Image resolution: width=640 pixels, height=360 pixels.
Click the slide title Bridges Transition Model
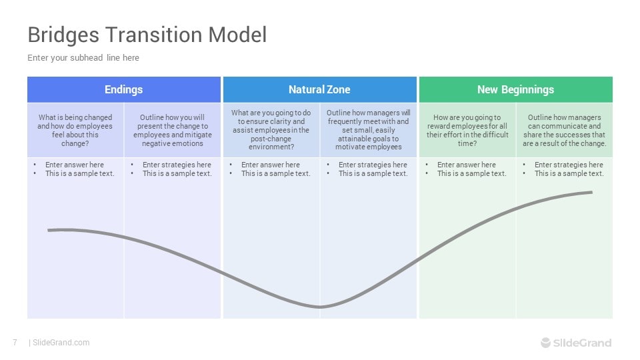(x=147, y=35)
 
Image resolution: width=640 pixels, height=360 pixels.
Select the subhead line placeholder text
(x=83, y=58)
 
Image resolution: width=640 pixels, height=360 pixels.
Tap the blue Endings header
(x=123, y=89)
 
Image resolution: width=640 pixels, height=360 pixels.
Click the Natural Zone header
(x=319, y=89)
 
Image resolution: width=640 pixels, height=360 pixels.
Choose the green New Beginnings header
(x=515, y=89)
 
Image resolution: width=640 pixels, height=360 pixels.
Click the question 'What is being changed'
(x=75, y=130)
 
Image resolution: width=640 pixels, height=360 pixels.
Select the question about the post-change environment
(x=271, y=130)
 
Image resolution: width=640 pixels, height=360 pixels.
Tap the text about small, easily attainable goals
(x=368, y=130)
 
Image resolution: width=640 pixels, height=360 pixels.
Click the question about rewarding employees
(x=467, y=130)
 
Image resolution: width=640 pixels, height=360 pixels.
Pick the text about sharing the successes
(x=564, y=130)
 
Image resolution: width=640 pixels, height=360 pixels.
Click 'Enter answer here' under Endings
(x=75, y=165)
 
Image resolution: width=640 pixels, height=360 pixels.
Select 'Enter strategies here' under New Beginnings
(x=569, y=165)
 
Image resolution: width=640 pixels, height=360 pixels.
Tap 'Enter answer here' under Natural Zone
(x=271, y=165)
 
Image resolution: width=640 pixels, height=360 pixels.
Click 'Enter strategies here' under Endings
(x=177, y=165)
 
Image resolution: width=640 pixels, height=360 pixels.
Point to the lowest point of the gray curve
(x=320, y=307)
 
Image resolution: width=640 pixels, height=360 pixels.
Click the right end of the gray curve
(x=591, y=192)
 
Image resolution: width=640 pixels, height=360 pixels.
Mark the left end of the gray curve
(x=49, y=230)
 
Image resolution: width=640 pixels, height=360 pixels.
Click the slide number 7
(x=15, y=343)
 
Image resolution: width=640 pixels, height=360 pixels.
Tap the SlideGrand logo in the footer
(x=575, y=343)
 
